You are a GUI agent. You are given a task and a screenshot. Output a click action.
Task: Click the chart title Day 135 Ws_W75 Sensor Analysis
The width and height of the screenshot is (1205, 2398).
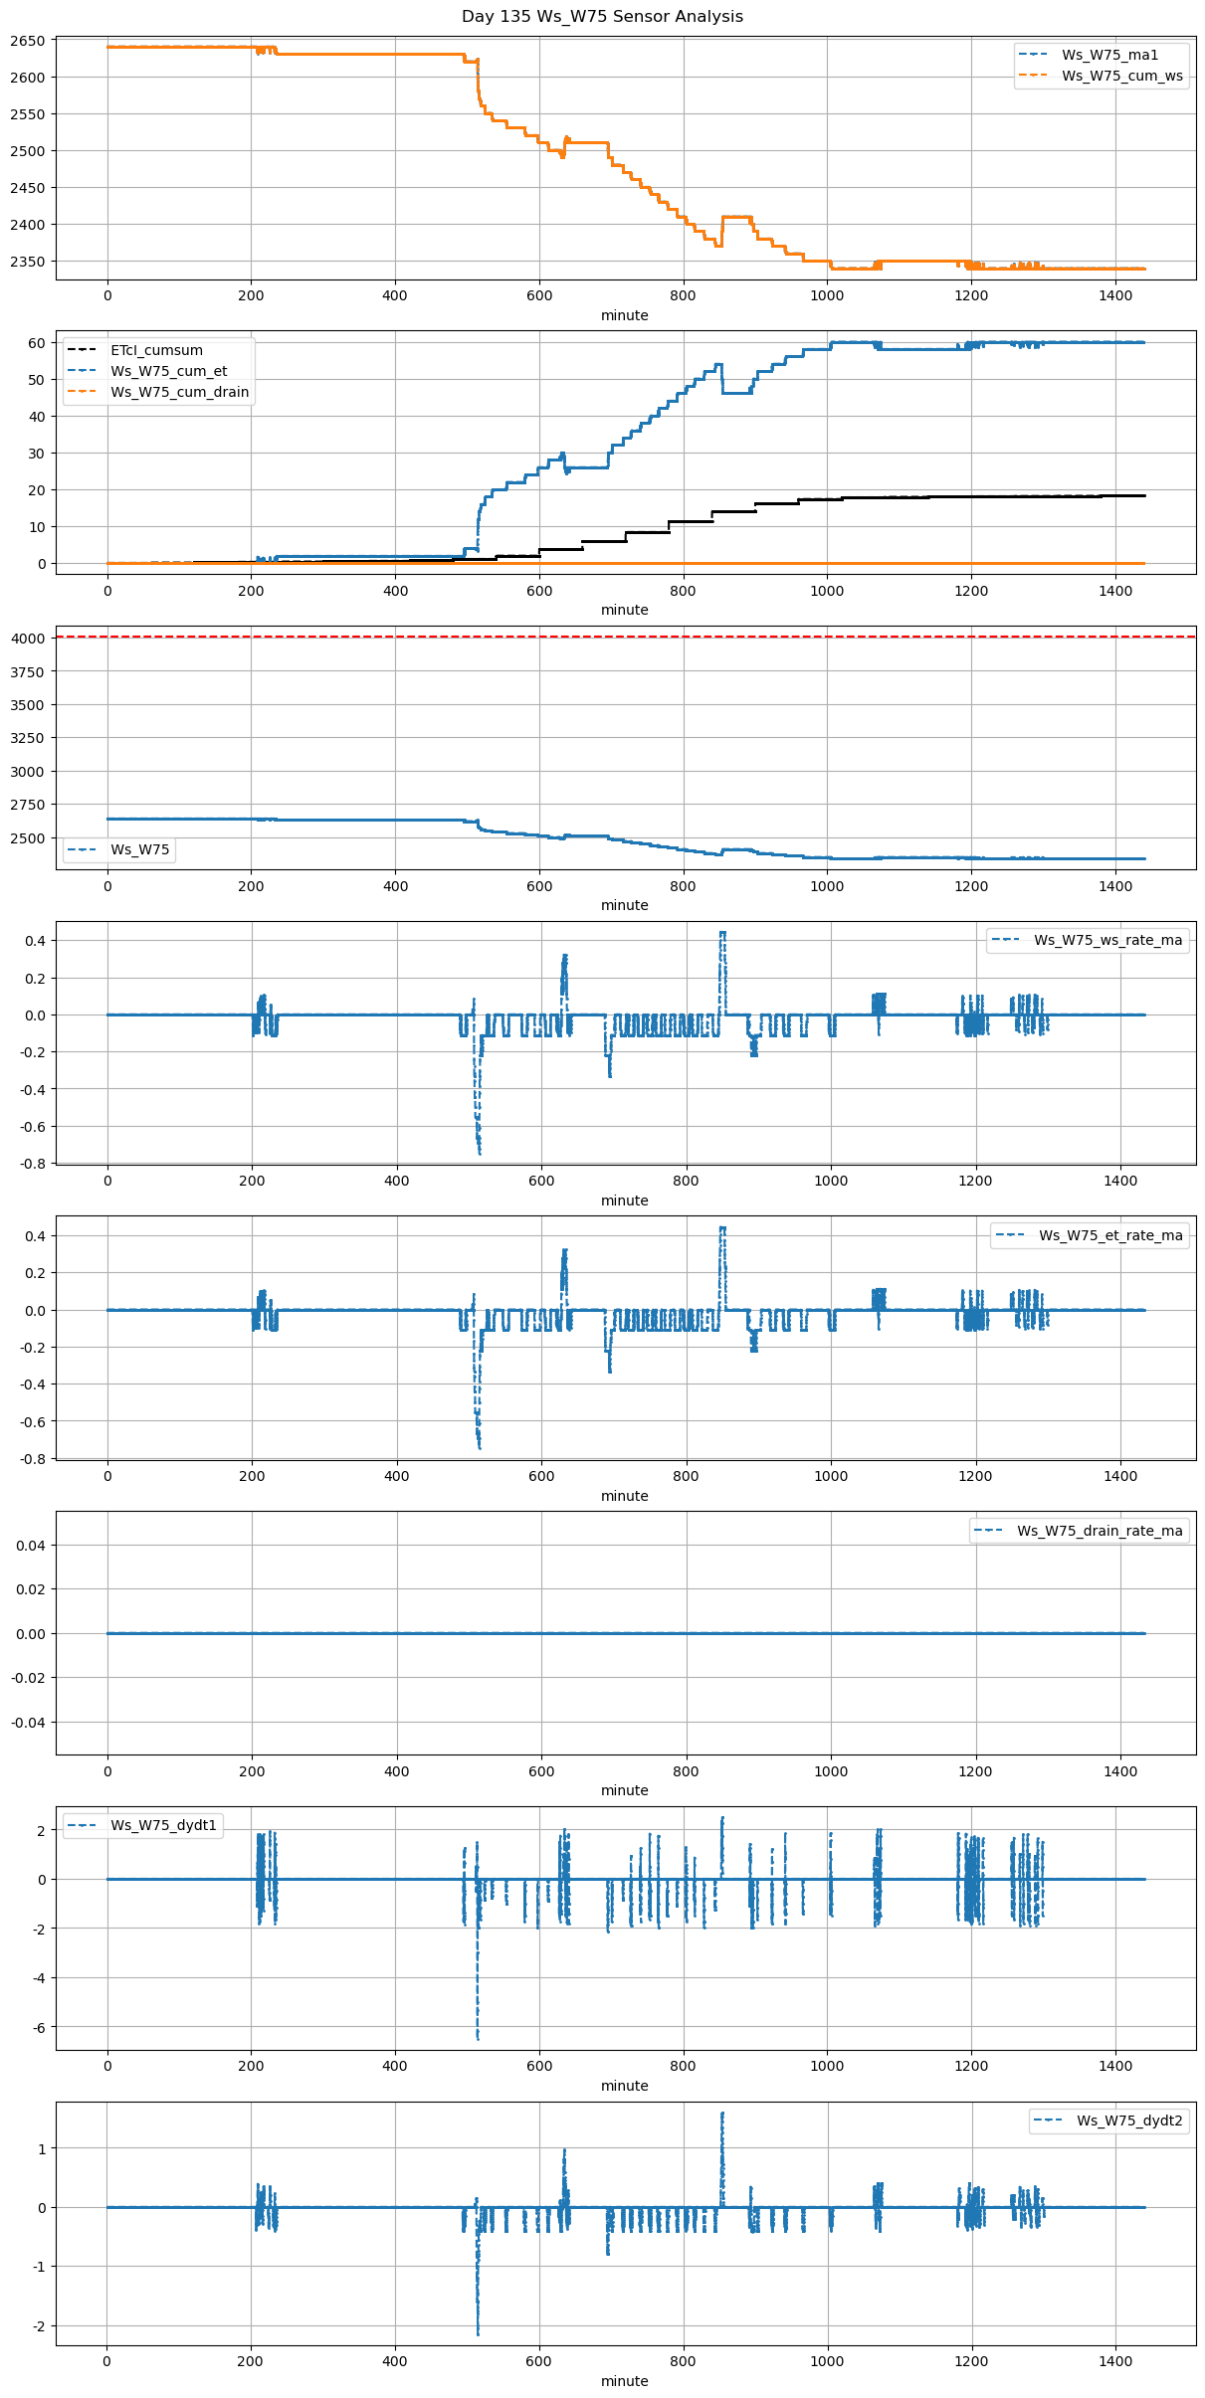[x=602, y=17]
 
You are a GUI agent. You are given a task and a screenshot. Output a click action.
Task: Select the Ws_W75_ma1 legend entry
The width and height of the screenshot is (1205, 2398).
[x=1109, y=55]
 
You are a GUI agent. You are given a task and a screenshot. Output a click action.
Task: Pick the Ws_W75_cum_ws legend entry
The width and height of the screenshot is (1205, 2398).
[x=1121, y=76]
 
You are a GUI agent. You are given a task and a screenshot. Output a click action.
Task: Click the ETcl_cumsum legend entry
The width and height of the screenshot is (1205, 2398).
[x=156, y=350]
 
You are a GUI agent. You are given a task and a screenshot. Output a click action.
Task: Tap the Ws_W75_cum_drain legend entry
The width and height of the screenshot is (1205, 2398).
[x=179, y=392]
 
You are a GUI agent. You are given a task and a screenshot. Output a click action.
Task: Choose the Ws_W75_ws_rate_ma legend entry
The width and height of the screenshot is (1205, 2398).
[x=1107, y=940]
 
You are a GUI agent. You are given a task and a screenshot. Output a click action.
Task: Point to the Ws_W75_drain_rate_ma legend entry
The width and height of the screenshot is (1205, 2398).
[x=1100, y=1531]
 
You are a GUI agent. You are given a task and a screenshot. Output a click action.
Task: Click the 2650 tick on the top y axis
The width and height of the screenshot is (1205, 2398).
[x=27, y=41]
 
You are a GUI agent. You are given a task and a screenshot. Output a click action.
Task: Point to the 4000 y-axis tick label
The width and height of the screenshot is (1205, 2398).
[x=27, y=639]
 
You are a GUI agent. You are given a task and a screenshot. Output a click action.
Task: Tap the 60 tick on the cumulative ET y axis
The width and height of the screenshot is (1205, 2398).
[x=37, y=343]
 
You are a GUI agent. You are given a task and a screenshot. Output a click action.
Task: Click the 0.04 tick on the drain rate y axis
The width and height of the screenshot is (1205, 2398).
[x=30, y=1545]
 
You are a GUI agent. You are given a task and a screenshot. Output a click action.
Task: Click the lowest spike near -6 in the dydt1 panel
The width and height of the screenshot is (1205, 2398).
[x=478, y=2039]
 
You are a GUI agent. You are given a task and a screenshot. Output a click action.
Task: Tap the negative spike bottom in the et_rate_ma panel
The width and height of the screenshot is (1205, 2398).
[x=480, y=1447]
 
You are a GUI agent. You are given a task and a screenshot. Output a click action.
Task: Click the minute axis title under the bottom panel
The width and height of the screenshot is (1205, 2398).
[x=625, y=2381]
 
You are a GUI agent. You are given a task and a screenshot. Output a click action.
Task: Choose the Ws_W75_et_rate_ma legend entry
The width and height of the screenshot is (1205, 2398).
[x=1110, y=1235]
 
